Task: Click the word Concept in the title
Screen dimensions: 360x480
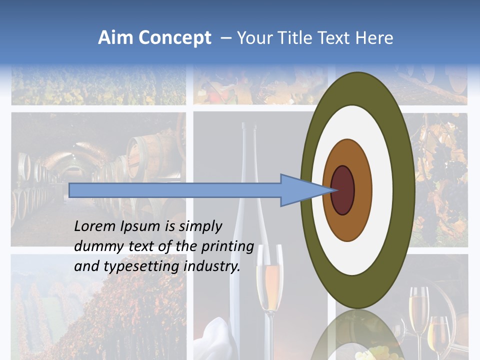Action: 174,38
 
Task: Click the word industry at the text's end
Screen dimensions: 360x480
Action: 212,266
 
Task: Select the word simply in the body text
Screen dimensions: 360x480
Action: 199,226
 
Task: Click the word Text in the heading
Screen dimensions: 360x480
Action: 334,38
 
